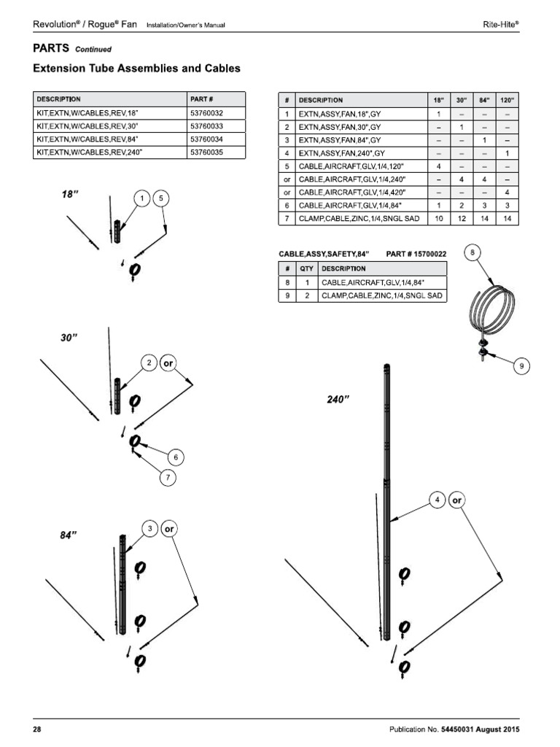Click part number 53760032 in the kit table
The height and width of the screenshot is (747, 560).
206,113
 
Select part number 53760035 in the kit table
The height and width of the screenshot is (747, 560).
206,152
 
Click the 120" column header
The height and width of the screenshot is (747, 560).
507,100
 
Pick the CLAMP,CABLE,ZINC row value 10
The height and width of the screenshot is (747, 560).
439,219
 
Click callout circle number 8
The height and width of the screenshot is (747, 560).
472,253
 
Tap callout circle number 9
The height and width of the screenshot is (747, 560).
522,366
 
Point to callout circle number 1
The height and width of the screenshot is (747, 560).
143,198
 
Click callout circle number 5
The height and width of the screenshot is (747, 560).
162,198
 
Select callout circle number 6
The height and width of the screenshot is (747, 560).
174,457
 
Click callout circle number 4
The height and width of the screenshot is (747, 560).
437,500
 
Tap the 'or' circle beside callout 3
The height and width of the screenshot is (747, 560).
168,528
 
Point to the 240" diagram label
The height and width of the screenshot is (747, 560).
338,399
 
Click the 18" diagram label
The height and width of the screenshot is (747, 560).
70,194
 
